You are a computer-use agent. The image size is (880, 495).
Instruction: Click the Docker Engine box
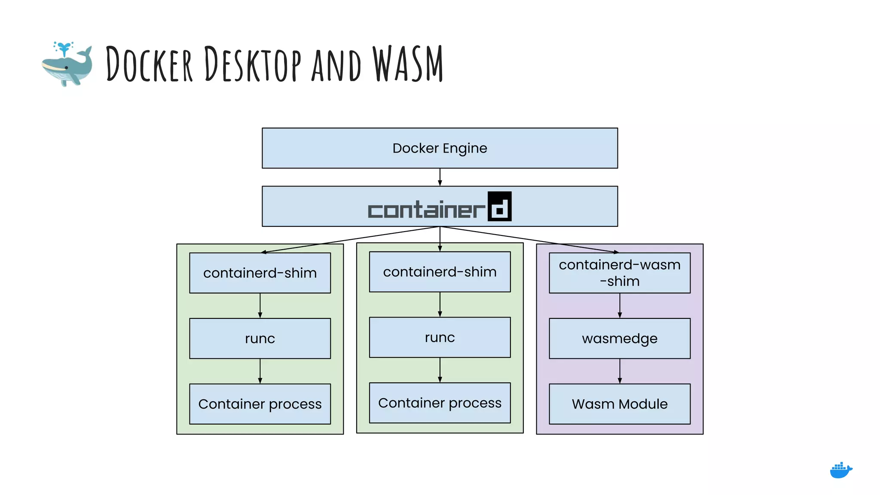click(x=440, y=148)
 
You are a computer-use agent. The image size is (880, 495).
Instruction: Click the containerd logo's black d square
click(x=499, y=206)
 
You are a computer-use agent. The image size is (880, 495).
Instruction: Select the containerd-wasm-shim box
click(x=619, y=273)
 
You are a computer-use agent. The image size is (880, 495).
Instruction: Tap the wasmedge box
click(x=619, y=339)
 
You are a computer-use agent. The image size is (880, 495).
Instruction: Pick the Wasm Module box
click(x=619, y=404)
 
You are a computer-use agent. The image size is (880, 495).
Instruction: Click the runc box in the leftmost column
click(x=260, y=339)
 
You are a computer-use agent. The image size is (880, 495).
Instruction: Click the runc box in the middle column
click(x=440, y=337)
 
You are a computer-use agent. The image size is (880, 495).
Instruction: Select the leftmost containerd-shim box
click(x=260, y=273)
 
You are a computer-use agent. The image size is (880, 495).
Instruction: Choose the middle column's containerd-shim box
click(x=440, y=272)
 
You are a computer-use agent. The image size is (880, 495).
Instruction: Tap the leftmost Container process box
click(x=260, y=404)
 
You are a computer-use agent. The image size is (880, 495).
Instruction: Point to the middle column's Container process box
click(x=440, y=403)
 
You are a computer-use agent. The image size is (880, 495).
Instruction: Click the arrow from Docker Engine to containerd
click(x=440, y=177)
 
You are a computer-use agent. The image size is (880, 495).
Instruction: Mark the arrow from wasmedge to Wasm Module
click(x=619, y=371)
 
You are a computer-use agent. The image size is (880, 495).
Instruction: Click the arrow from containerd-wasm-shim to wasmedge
click(x=619, y=306)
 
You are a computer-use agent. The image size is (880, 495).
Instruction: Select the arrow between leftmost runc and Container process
click(x=260, y=371)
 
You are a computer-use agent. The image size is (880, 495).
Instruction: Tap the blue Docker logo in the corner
click(x=840, y=471)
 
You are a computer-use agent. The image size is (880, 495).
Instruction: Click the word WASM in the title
click(x=407, y=64)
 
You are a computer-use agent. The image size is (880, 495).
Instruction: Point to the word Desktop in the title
click(x=252, y=64)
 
